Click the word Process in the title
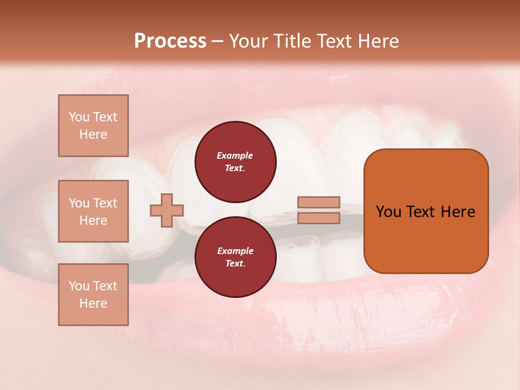pyautogui.click(x=170, y=41)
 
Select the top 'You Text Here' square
pyautogui.click(x=93, y=126)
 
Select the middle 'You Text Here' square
pyautogui.click(x=93, y=211)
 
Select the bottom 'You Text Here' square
pyautogui.click(x=93, y=295)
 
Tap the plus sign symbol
pyautogui.click(x=167, y=210)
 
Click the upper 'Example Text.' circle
pyautogui.click(x=235, y=162)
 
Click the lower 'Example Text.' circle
pyautogui.click(x=235, y=257)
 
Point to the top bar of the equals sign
pyautogui.click(x=318, y=202)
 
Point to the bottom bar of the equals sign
pyautogui.click(x=318, y=218)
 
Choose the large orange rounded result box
pyautogui.click(x=426, y=211)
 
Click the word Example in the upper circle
pyautogui.click(x=235, y=155)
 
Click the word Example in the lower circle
pyautogui.click(x=235, y=251)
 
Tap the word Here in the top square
pyautogui.click(x=93, y=134)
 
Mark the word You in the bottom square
pyautogui.click(x=79, y=286)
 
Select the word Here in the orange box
pyautogui.click(x=458, y=212)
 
